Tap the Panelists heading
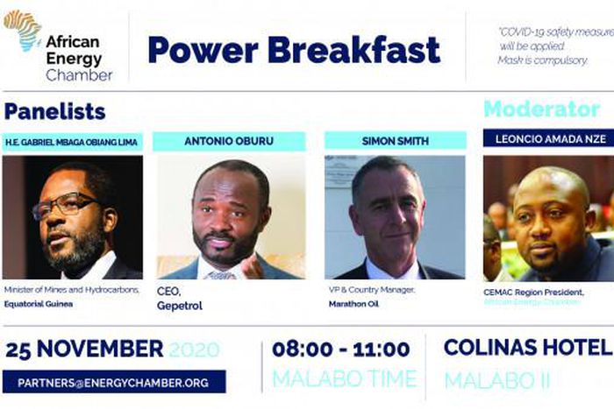point(54,111)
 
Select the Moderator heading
point(541,109)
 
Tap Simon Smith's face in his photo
point(387,210)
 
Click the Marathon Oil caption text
point(353,306)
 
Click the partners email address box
point(114,382)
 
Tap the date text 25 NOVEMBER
point(84,349)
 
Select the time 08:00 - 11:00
point(340,349)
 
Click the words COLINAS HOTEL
point(526,347)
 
